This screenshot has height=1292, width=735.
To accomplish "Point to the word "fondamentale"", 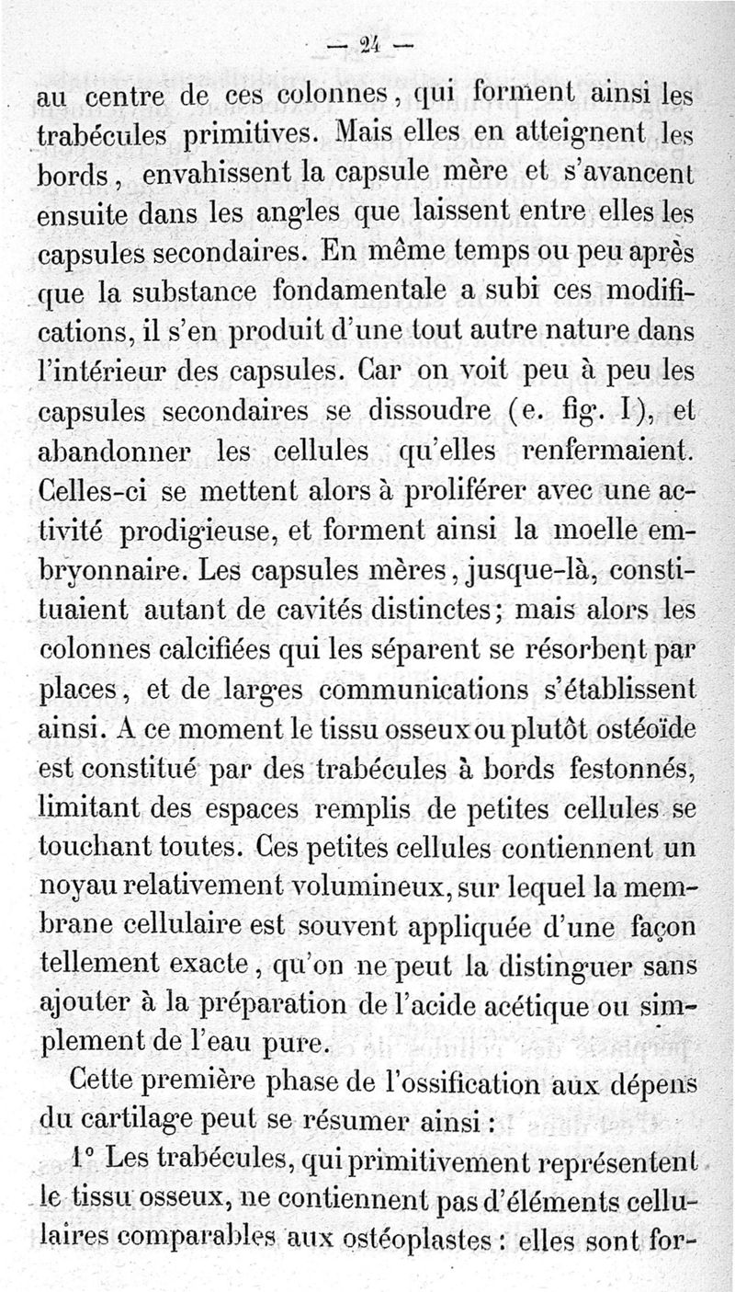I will [x=364, y=294].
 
